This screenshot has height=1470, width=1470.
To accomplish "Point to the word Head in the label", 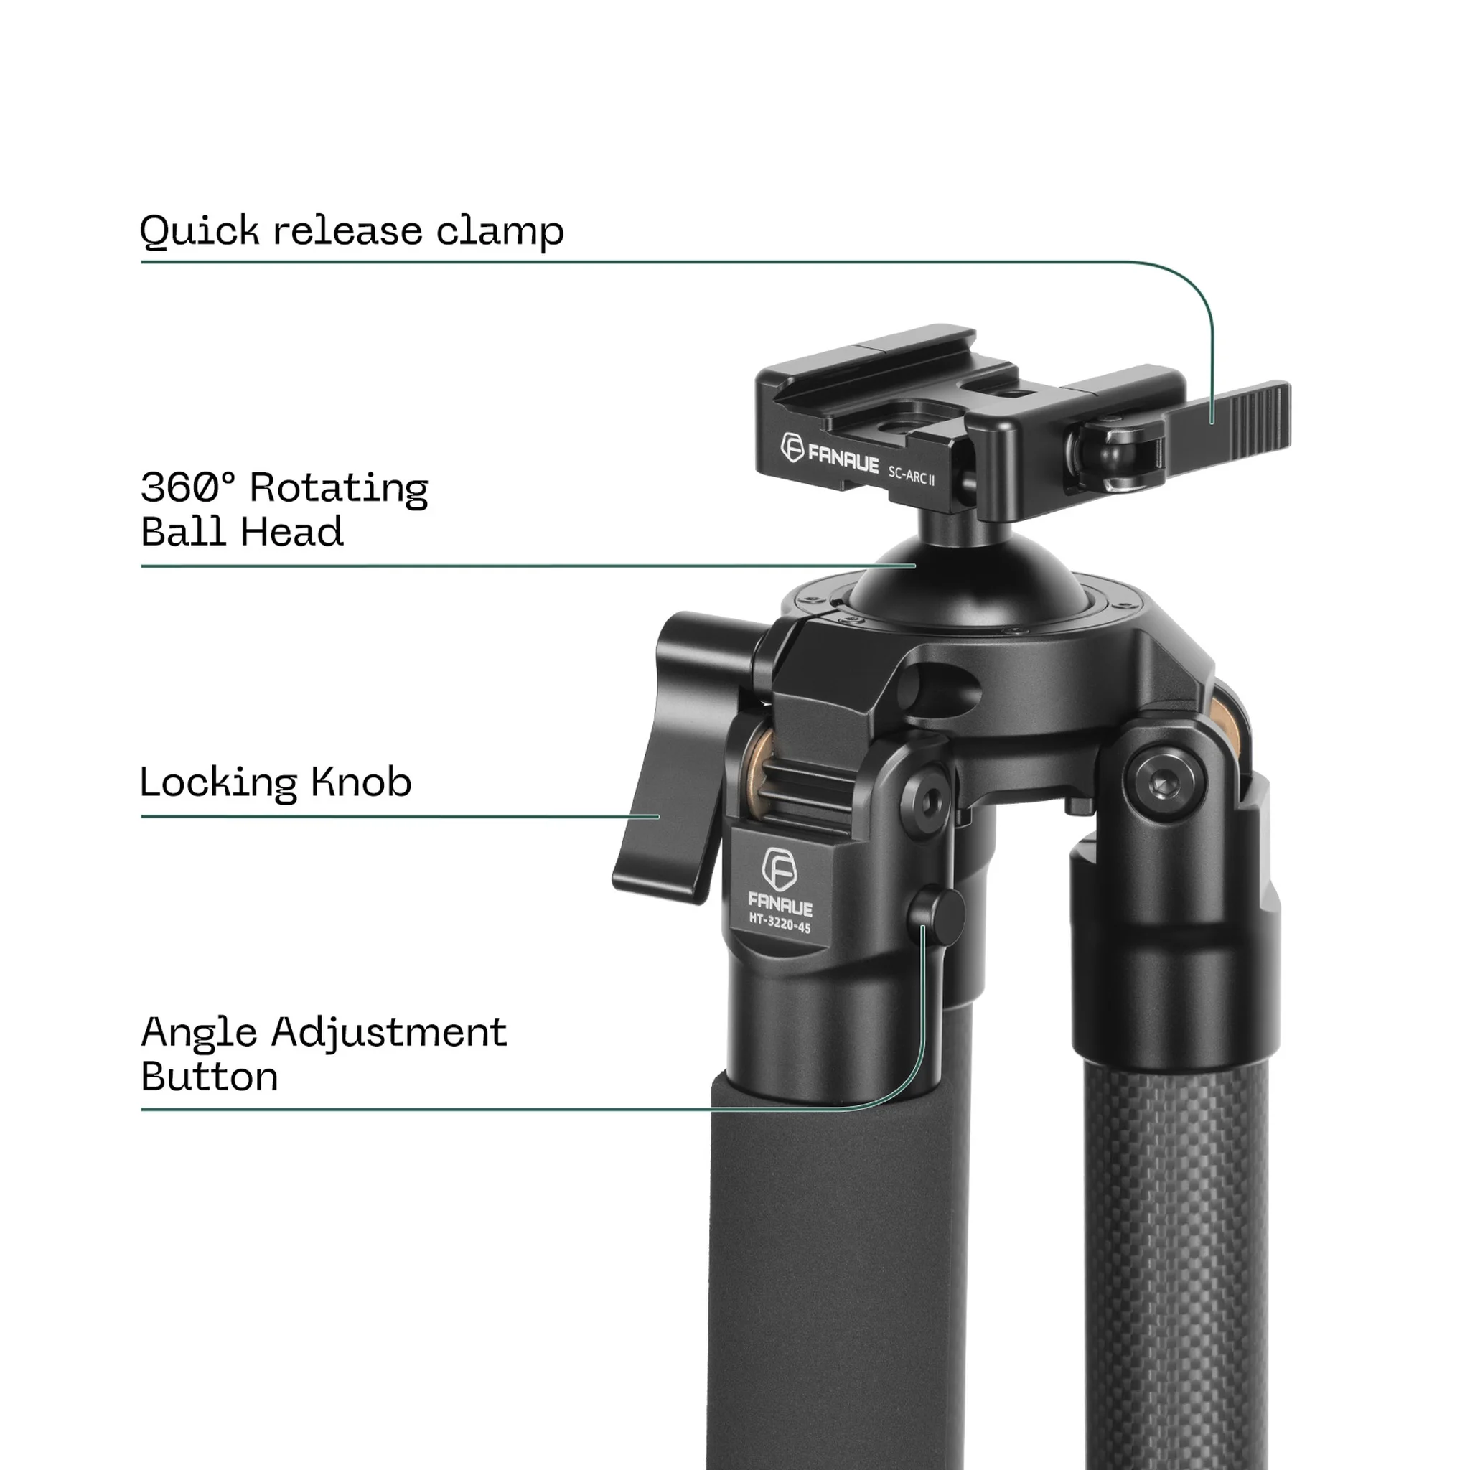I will [x=293, y=532].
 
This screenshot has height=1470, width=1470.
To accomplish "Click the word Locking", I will [x=218, y=783].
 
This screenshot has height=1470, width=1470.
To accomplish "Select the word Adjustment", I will [x=389, y=1034].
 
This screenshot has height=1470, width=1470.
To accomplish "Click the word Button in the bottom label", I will [x=210, y=1077].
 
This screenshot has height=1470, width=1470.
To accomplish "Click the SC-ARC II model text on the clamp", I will [x=912, y=476].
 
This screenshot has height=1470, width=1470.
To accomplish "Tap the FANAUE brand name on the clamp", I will [x=843, y=459].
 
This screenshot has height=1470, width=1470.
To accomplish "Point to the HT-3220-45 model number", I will [x=780, y=924].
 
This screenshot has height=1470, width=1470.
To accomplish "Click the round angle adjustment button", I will [x=937, y=917].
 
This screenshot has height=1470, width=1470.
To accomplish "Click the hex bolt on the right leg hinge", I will [x=1165, y=782].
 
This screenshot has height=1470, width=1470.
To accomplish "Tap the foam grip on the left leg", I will [x=829, y=1255].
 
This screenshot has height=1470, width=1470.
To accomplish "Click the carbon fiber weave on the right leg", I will [x=1176, y=1255].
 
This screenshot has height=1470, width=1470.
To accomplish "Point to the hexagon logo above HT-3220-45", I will [x=779, y=869].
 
